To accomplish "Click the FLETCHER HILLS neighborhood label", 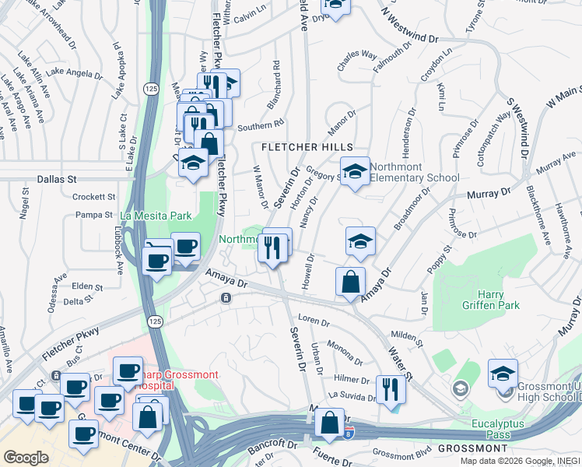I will pos(307,147).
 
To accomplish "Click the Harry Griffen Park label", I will pos(498,300).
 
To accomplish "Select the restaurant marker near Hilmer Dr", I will pos(390,390).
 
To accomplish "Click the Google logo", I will pos(26,457).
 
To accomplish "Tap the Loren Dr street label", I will pos(314,320).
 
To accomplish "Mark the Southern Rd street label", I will pos(261,125).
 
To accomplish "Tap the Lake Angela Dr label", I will pos(75,74).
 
